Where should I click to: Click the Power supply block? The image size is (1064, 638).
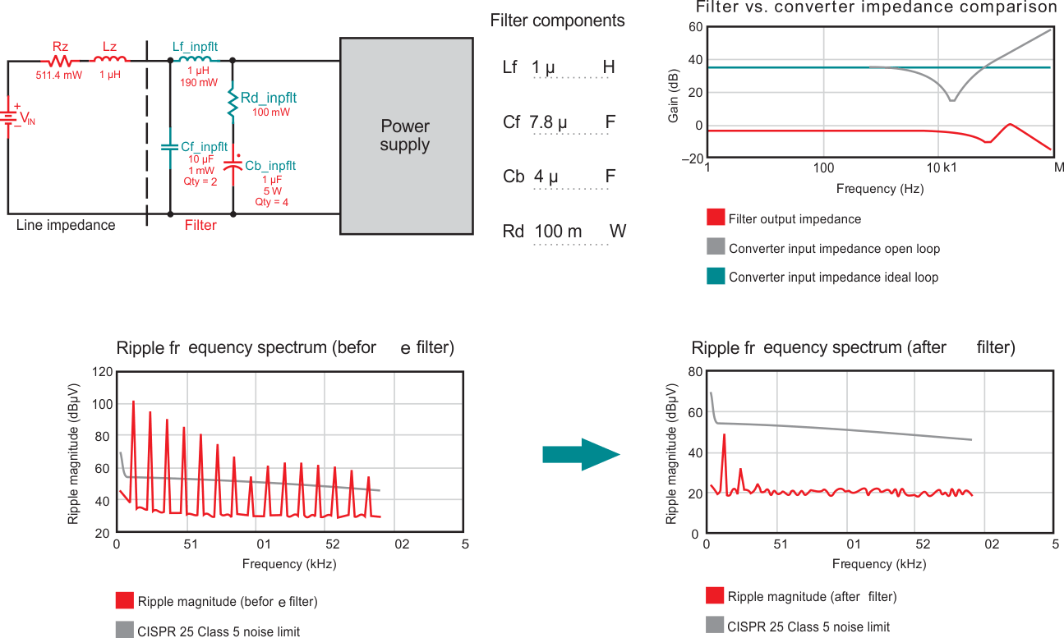[x=406, y=135]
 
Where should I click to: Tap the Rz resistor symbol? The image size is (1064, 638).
[x=59, y=61]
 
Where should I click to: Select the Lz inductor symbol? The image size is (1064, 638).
[x=110, y=59]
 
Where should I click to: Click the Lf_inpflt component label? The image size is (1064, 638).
[x=195, y=46]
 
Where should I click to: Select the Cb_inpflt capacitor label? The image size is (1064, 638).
[x=270, y=166]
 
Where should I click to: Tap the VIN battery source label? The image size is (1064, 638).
[x=27, y=120]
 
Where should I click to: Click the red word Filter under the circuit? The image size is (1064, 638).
[x=200, y=225]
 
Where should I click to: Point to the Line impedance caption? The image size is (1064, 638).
[x=66, y=225]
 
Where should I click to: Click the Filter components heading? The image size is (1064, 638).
[x=557, y=21]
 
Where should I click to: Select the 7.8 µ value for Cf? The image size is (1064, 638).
[x=548, y=122]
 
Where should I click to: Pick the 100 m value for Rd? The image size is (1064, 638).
[x=558, y=232]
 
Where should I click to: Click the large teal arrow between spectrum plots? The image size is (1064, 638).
[x=580, y=454]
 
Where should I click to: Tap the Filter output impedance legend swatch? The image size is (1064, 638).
[x=715, y=218]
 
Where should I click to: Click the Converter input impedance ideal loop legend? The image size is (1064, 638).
[x=833, y=278]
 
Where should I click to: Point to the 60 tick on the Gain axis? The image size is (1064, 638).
[x=695, y=27]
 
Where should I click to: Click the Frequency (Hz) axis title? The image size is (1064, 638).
[x=879, y=189]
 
